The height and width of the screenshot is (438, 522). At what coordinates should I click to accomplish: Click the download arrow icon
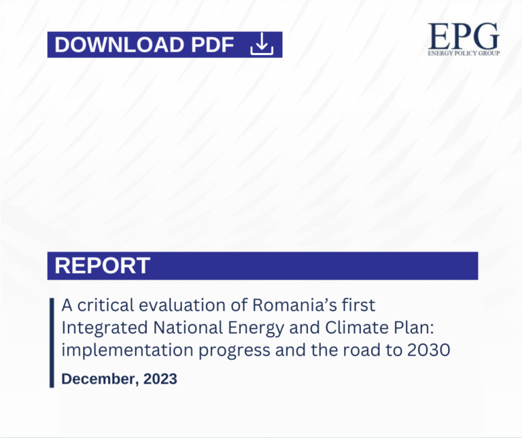(262, 45)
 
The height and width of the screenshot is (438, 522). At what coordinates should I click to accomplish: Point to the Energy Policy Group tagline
(464, 52)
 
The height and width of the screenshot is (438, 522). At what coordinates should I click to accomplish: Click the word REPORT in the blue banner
(102, 266)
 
